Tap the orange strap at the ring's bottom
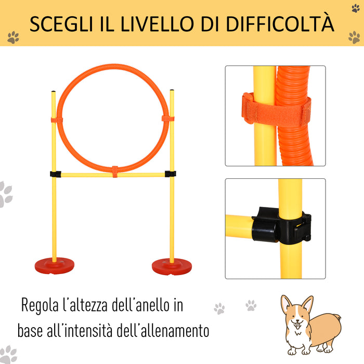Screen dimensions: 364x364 tap(115, 172)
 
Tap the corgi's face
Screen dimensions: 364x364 tap(296, 315)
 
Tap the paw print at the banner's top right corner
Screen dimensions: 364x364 tap(355, 8)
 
